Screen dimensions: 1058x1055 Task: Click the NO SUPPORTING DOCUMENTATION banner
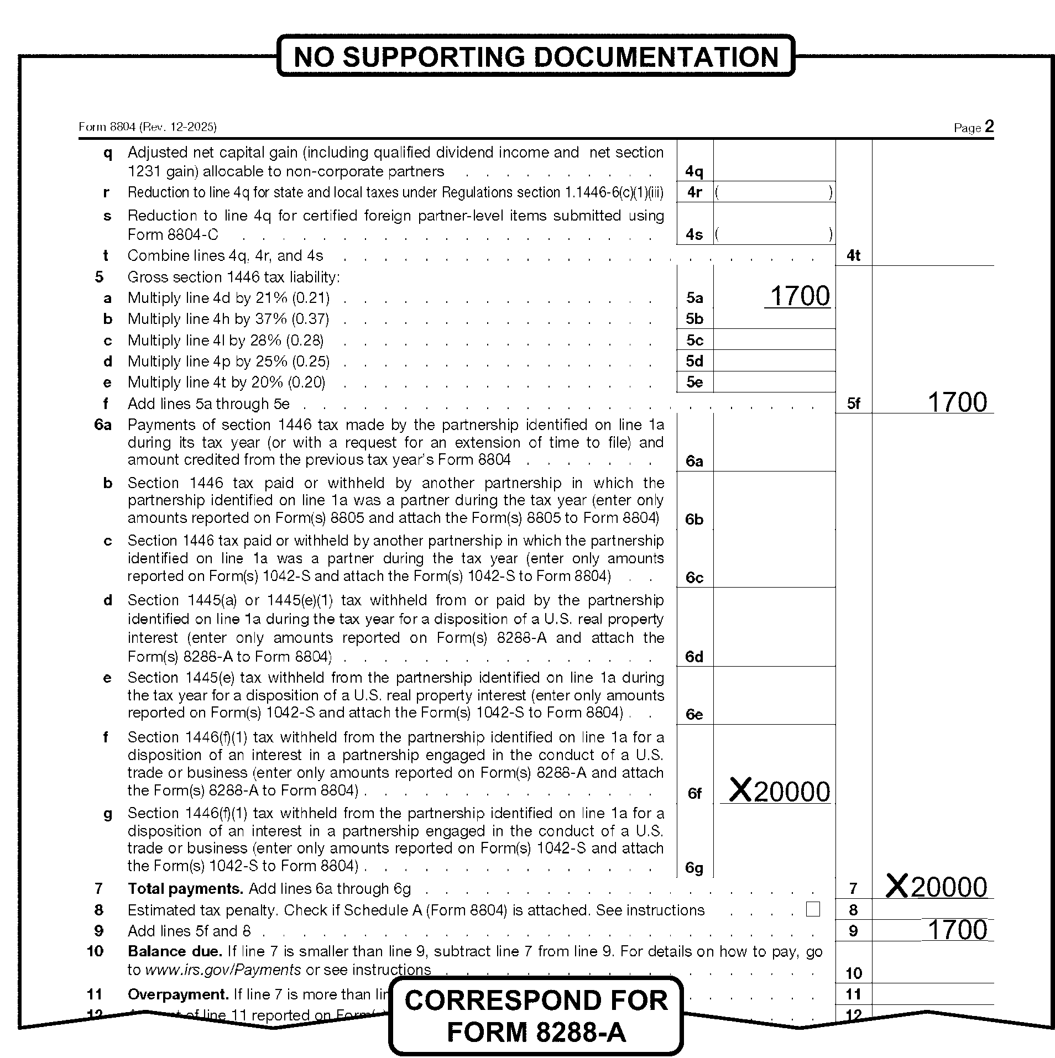coord(535,56)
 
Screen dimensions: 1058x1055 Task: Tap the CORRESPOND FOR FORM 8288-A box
coord(535,1016)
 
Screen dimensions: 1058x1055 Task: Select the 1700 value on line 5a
coord(800,296)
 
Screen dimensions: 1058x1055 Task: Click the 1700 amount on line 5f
coord(957,402)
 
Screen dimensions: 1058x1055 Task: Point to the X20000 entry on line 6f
coord(780,792)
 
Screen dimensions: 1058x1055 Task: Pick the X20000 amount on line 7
coord(937,887)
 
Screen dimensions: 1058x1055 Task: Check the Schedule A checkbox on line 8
coord(813,909)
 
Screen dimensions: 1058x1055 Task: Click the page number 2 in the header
coord(989,127)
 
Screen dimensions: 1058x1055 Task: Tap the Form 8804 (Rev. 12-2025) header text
coord(148,127)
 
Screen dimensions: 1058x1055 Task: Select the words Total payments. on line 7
coord(185,888)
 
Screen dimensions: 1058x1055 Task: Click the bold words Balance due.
coord(175,951)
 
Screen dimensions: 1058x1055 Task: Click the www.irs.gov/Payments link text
coord(223,970)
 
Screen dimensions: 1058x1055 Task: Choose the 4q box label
coord(694,171)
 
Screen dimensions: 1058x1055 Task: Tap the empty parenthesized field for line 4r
coord(774,192)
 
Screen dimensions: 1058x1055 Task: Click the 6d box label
coord(694,657)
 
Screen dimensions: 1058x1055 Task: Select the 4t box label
coord(854,255)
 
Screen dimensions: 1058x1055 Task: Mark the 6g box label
coord(694,868)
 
